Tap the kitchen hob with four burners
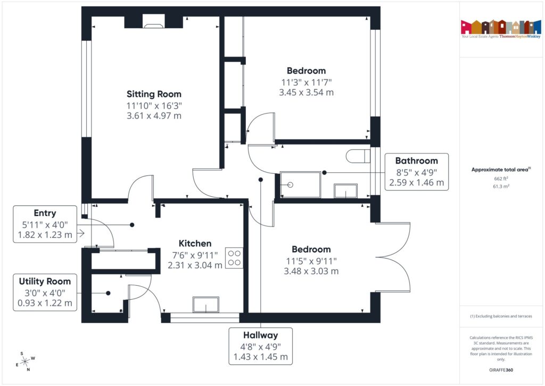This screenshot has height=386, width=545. point(234,258)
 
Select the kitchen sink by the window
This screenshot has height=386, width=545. point(205,305)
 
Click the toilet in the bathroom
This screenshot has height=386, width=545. point(358,156)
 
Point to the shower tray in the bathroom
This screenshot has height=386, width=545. point(301,184)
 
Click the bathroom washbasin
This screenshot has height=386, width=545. point(345,191)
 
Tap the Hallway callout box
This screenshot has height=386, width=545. point(260,346)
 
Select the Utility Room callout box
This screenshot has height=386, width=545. point(45,293)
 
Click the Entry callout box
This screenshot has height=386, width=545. point(45,224)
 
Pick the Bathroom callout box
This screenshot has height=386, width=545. point(416,172)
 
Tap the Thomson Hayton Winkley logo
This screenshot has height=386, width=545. point(501,29)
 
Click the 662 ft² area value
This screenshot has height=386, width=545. point(501,179)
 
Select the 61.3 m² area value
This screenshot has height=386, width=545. point(501,187)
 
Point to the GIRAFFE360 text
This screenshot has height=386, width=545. point(501,369)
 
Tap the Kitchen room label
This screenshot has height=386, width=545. point(195,243)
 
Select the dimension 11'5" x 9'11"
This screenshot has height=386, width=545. point(311,260)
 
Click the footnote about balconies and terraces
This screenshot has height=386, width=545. point(501,316)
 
